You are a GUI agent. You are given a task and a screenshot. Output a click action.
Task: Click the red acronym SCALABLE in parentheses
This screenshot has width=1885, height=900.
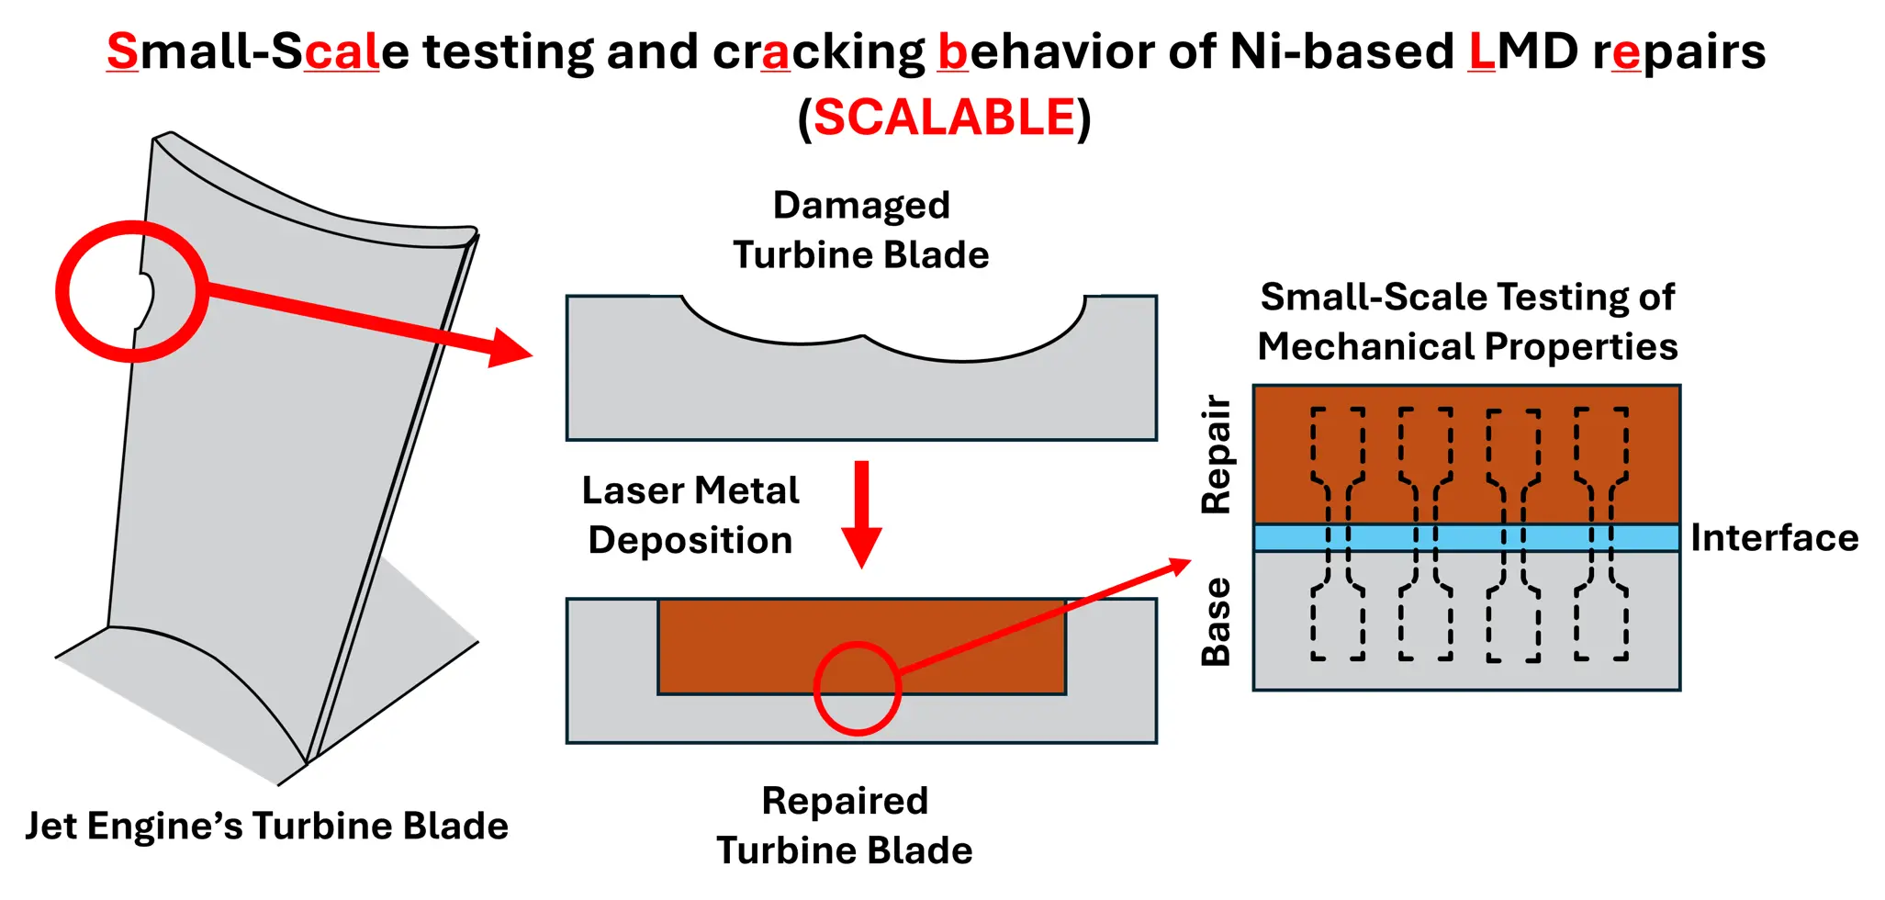(944, 118)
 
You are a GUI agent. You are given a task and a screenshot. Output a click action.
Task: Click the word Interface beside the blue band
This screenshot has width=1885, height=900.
(1774, 537)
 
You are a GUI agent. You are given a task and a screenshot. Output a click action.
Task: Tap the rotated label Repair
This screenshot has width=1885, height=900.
(1217, 454)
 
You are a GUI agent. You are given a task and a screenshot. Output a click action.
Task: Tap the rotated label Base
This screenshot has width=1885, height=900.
(1217, 621)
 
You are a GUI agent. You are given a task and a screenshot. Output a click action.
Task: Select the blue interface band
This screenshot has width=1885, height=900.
(1466, 537)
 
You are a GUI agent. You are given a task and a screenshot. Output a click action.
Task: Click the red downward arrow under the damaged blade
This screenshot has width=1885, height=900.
(861, 514)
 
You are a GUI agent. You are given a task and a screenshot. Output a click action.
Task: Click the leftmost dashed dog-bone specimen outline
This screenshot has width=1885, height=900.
(1338, 534)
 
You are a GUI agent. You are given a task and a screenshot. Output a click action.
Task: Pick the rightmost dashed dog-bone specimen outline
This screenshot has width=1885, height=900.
(1601, 534)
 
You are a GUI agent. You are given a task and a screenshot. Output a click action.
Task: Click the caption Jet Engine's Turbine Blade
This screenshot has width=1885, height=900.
(266, 826)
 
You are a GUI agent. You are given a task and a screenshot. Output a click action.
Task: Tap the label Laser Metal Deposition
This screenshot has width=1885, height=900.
(690, 515)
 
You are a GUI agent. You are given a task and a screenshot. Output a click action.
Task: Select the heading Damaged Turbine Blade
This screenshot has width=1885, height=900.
(861, 230)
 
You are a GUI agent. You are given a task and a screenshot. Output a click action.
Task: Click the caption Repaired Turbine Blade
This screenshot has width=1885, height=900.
(845, 825)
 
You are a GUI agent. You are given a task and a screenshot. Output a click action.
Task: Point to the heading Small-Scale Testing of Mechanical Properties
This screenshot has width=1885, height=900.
(1467, 321)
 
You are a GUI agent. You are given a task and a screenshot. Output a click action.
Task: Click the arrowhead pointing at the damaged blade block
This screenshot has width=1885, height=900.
(511, 348)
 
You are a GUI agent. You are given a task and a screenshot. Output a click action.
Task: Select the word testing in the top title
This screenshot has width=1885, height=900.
(508, 51)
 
